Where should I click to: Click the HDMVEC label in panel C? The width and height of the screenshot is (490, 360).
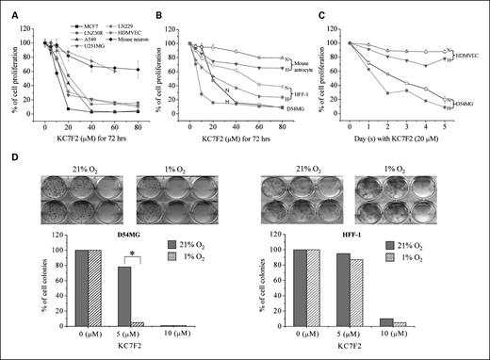coord(465,56)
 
